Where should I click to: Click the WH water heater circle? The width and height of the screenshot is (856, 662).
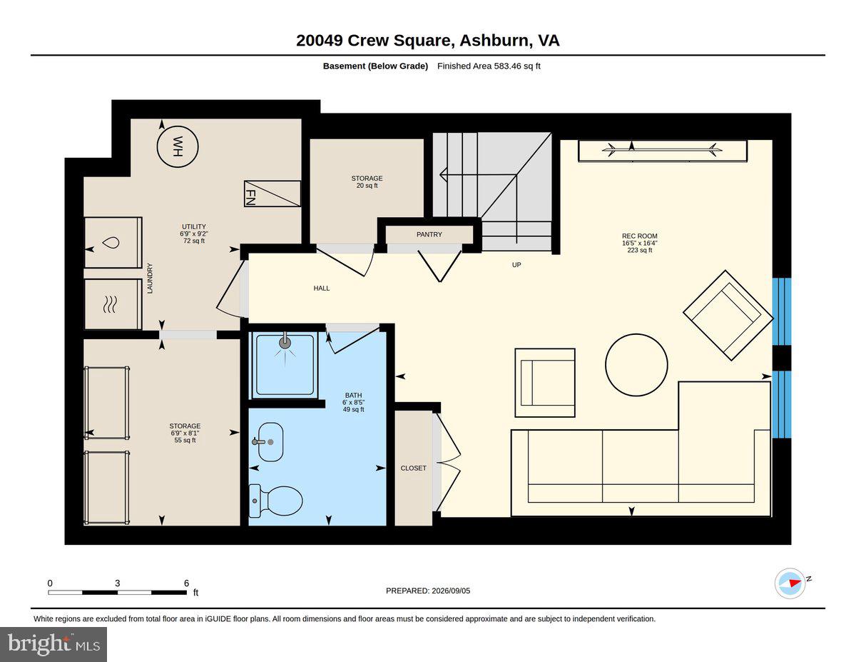click(x=178, y=146)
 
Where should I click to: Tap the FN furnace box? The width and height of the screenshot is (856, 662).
click(x=272, y=194)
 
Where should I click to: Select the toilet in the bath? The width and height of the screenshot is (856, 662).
click(x=276, y=501)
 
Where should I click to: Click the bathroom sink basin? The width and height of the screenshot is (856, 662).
click(x=270, y=442)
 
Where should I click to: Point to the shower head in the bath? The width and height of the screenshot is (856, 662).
click(x=285, y=342)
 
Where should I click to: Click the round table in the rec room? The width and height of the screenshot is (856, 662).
click(x=636, y=365)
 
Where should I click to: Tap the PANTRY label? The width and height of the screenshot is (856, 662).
click(x=429, y=235)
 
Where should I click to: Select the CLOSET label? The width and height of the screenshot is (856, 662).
click(x=413, y=468)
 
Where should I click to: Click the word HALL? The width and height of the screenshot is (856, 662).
click(x=322, y=289)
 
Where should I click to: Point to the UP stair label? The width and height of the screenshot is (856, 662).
click(x=516, y=265)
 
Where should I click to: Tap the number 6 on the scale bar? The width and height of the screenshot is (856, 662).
click(x=186, y=583)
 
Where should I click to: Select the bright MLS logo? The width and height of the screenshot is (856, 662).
click(x=53, y=645)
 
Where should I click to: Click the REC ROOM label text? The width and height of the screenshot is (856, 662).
click(x=639, y=236)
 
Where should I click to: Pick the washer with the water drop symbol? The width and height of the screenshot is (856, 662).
click(x=113, y=243)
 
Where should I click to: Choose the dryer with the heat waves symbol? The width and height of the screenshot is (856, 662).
click(x=113, y=304)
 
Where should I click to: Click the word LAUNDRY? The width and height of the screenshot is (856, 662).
click(x=150, y=279)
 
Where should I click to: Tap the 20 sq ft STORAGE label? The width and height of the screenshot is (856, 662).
click(x=367, y=182)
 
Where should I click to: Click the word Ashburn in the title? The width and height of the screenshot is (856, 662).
click(x=494, y=41)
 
